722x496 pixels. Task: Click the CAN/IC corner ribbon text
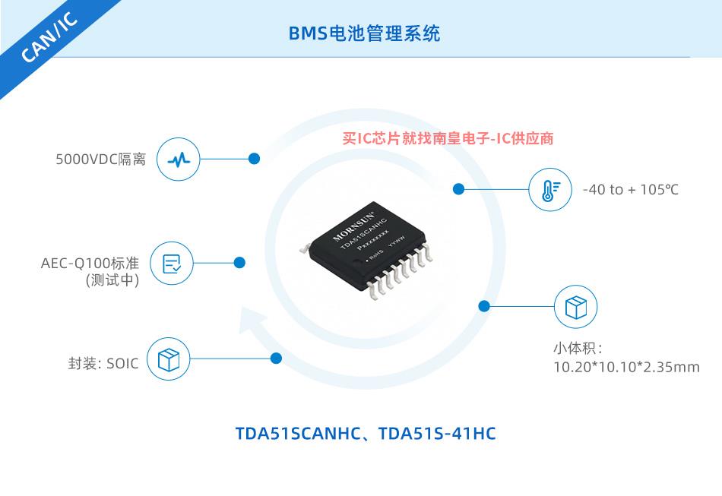pyautogui.click(x=49, y=37)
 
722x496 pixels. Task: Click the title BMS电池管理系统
pyautogui.click(x=364, y=33)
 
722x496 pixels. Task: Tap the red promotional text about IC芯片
pyautogui.click(x=448, y=138)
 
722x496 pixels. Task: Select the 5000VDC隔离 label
pyautogui.click(x=101, y=160)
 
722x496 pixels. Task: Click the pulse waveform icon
pyautogui.click(x=178, y=160)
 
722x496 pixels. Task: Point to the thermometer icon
pyautogui.click(x=549, y=190)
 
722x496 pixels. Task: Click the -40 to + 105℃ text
pyautogui.click(x=630, y=190)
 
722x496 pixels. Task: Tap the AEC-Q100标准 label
pyautogui.click(x=90, y=263)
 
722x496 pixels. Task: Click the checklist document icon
pyautogui.click(x=172, y=264)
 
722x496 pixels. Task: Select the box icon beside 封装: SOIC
pyautogui.click(x=169, y=359)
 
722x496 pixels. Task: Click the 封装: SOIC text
pyautogui.click(x=103, y=364)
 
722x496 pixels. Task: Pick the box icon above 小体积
pyautogui.click(x=575, y=306)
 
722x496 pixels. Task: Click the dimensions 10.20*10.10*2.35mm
pyautogui.click(x=627, y=367)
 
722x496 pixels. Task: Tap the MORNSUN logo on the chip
pyautogui.click(x=353, y=226)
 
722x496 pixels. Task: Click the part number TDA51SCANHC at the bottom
pyautogui.click(x=299, y=434)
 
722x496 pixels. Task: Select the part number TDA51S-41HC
pyautogui.click(x=437, y=434)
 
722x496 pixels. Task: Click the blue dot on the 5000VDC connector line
pyautogui.click(x=254, y=159)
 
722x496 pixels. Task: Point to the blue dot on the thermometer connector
pyautogui.click(x=458, y=189)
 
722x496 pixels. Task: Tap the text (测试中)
pyautogui.click(x=112, y=280)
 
